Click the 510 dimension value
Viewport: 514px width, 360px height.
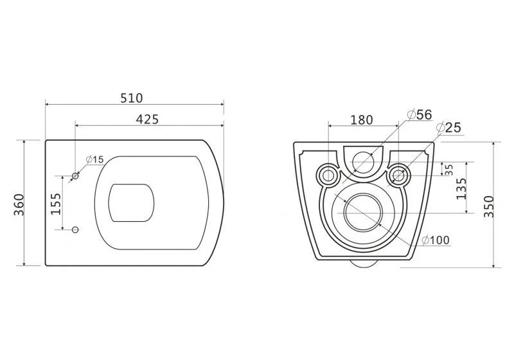[x=132, y=98]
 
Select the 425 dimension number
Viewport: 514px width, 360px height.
[x=147, y=120]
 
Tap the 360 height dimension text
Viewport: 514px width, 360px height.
[x=19, y=205]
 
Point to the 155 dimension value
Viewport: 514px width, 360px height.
[x=56, y=204]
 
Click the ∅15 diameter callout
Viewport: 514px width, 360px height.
[x=94, y=159]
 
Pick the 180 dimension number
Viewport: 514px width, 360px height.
[x=362, y=120]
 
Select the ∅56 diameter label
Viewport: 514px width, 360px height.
[x=420, y=115]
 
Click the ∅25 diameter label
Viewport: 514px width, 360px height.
[x=448, y=127]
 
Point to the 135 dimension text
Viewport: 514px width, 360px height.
[x=461, y=189]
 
